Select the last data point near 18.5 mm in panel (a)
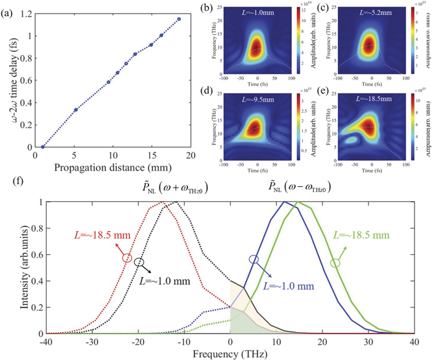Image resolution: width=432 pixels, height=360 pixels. [x=178, y=19]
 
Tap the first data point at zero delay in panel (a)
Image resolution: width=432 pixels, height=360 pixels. [x=43, y=147]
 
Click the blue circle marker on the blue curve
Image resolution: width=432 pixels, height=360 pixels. [x=254, y=258]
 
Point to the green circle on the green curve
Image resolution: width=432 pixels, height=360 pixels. [x=335, y=263]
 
